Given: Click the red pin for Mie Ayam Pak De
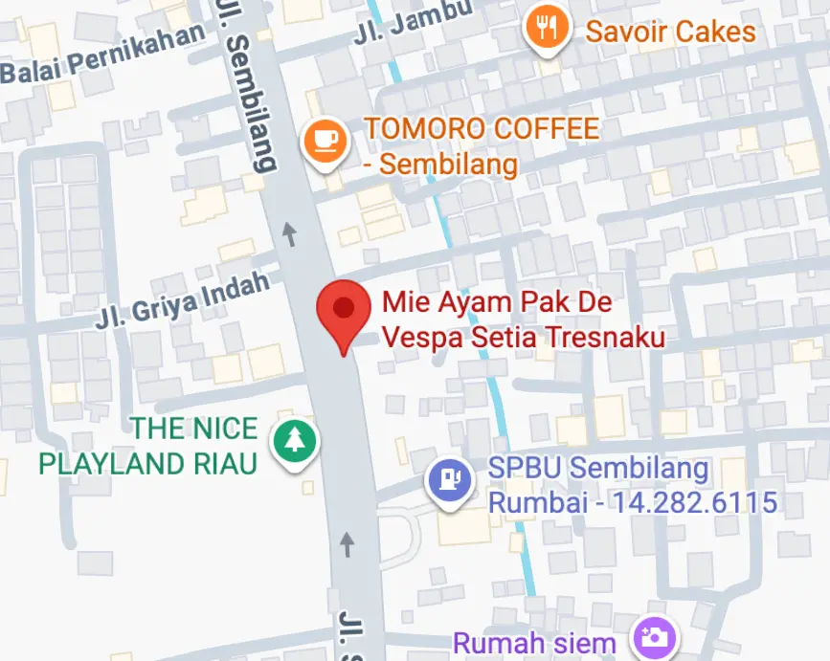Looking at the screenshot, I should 343,311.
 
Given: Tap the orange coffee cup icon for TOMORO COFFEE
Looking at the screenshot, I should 324,140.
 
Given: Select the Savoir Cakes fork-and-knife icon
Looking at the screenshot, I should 547,30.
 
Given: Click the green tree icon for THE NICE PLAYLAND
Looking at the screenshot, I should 295,440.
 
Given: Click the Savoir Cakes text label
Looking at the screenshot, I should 670,32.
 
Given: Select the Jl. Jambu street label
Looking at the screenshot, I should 413,24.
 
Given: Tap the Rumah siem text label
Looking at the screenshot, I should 534,643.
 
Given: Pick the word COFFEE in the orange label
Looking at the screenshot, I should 547,128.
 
